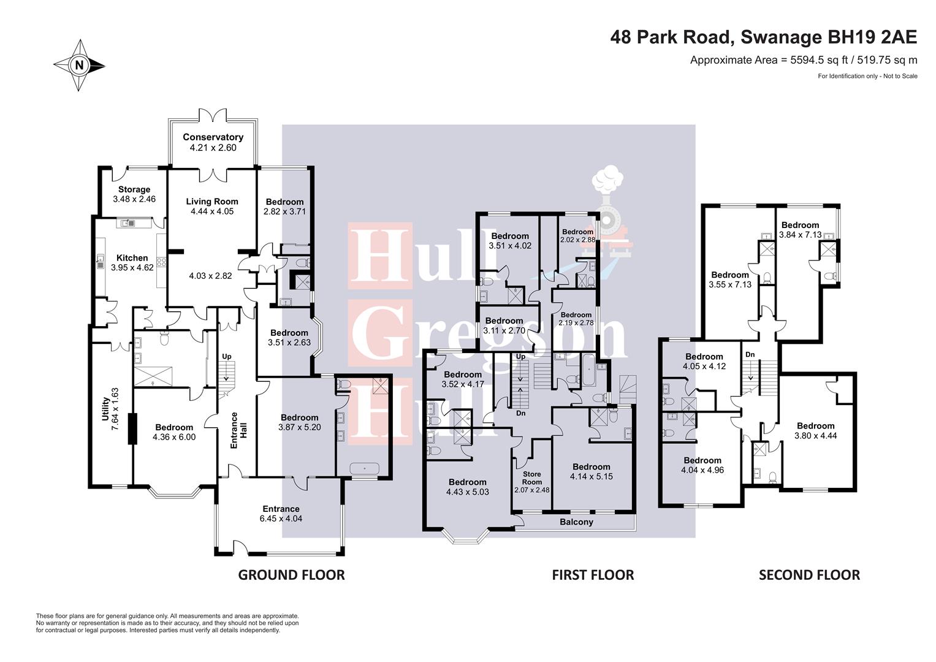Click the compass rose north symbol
click(x=79, y=65)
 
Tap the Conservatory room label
click(x=213, y=137)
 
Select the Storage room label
click(x=134, y=189)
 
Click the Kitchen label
click(x=132, y=258)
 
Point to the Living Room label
click(x=212, y=201)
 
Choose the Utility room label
click(x=105, y=409)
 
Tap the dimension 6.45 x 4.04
click(x=281, y=519)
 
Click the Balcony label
click(x=576, y=522)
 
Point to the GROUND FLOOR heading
click(x=291, y=575)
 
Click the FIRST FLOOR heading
click(x=593, y=575)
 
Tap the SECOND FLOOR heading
click(x=809, y=575)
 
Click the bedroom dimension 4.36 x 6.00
click(x=174, y=438)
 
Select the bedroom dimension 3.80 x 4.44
click(x=815, y=436)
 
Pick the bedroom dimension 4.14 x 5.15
click(x=591, y=476)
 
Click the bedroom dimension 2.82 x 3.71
click(x=284, y=211)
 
